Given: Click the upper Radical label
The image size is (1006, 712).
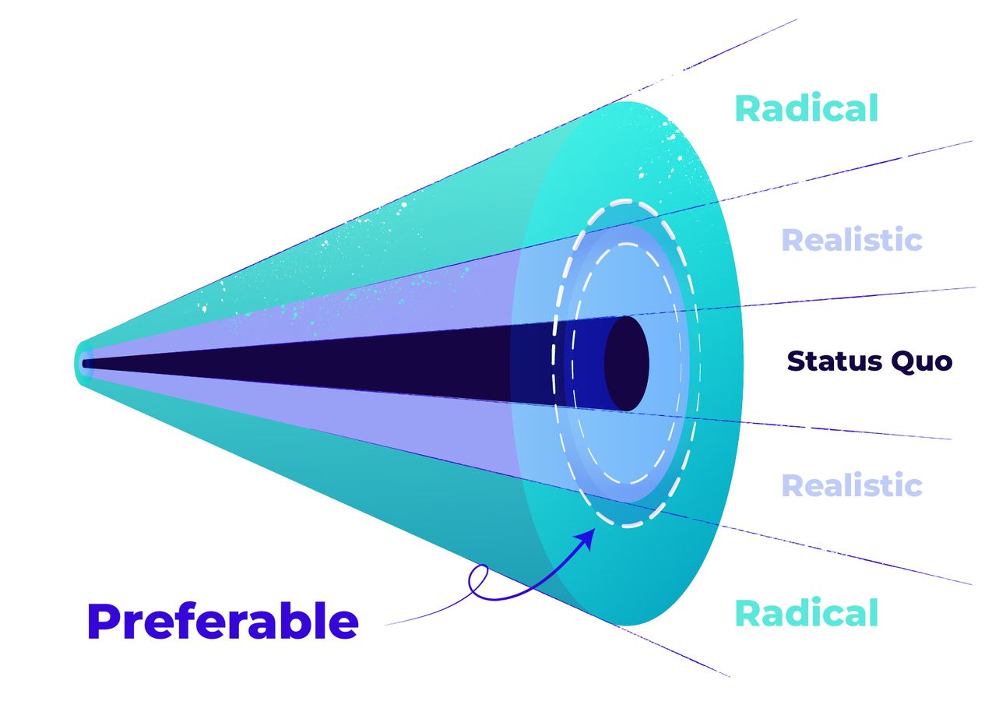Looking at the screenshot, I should point(806,109).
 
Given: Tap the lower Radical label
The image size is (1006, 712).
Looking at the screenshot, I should point(806,614).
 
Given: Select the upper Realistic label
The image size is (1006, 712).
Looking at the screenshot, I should point(852,240).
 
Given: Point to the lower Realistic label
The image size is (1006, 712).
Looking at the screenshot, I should point(852,485).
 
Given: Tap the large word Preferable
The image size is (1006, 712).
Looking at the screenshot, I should point(223,622).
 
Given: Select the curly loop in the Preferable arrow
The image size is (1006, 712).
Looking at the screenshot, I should point(479,580).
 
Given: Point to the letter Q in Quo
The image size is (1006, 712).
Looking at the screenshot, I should point(902,362).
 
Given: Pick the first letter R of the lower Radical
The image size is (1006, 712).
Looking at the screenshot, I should point(747,614).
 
